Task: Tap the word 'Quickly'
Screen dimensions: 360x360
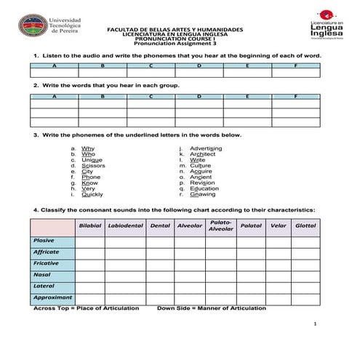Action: pyautogui.click(x=92, y=194)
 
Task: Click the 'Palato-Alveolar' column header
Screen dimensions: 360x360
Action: pyautogui.click(x=220, y=225)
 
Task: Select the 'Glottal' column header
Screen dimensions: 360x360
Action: pyautogui.click(x=305, y=225)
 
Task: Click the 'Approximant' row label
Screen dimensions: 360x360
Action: pyautogui.click(x=52, y=297)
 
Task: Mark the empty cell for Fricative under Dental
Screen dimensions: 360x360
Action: pyautogui.click(x=159, y=263)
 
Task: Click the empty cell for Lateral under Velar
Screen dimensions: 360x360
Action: pyautogui.click(x=278, y=287)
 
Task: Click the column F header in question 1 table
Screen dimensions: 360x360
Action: pyautogui.click(x=295, y=65)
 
